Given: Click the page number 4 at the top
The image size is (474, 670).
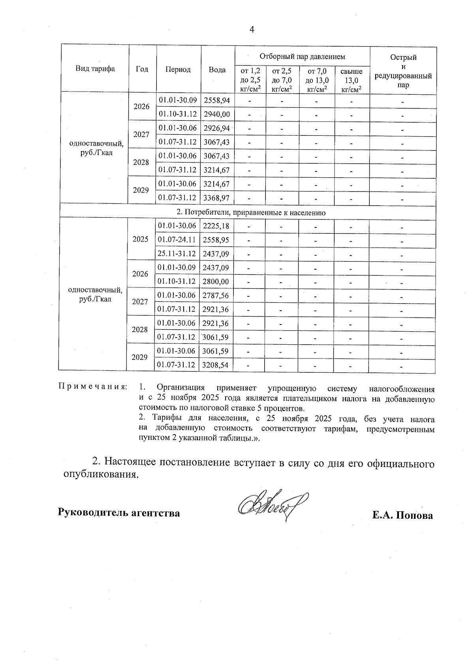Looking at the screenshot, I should coord(252,30).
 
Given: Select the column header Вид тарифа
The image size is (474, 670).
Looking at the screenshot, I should coord(95,69).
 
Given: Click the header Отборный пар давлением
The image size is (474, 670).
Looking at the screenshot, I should coord(302,57).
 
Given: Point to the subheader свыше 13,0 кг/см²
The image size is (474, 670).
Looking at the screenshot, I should coord(352,81).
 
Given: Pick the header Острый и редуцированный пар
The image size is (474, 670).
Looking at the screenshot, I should coord(403,71).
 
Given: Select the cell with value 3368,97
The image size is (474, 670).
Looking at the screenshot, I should coord(216,197).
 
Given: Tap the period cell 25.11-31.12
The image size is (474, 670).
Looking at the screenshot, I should coord(177,254).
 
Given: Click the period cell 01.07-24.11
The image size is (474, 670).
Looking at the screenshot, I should coord(177,240).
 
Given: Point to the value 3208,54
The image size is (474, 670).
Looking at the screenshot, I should coord(215,365).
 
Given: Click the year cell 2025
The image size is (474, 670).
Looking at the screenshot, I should coord(140,239).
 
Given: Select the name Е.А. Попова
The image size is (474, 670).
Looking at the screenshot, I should coord(402,516).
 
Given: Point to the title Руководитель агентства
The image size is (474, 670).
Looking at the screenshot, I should coord(119,513).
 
